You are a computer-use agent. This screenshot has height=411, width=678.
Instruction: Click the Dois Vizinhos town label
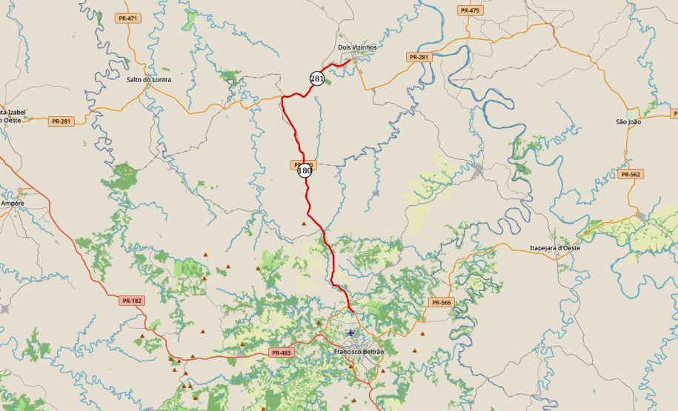(x=357, y=47)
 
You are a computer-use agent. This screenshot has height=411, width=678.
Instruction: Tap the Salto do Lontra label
(x=148, y=79)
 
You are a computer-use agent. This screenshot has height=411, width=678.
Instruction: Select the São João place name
(x=628, y=121)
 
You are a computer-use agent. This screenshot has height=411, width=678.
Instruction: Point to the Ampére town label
(x=13, y=202)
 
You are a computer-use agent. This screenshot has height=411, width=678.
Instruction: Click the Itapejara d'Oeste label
(x=554, y=247)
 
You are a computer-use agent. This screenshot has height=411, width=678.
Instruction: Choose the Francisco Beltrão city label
(x=359, y=351)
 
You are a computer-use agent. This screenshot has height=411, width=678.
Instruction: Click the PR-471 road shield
(x=127, y=18)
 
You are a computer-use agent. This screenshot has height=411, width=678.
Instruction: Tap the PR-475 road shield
(x=469, y=10)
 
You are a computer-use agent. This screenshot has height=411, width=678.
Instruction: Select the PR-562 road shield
(x=631, y=175)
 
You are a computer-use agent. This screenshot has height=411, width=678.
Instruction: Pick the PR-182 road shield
(x=132, y=301)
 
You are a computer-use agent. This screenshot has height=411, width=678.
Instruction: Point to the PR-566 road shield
(x=440, y=302)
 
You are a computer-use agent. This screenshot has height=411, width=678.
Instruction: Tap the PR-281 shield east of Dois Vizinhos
(x=419, y=57)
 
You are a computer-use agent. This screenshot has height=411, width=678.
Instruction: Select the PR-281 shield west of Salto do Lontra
(x=62, y=121)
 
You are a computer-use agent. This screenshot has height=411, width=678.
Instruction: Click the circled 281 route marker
(x=317, y=78)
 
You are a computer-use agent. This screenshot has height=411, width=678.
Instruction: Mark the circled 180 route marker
(x=305, y=170)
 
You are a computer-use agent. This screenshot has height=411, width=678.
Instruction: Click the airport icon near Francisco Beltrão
(x=350, y=333)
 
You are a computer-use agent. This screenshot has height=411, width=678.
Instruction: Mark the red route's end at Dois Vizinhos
(x=348, y=62)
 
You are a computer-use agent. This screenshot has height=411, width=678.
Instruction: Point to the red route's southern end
(x=350, y=312)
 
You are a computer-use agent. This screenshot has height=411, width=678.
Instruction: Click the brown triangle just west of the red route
(x=302, y=222)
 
